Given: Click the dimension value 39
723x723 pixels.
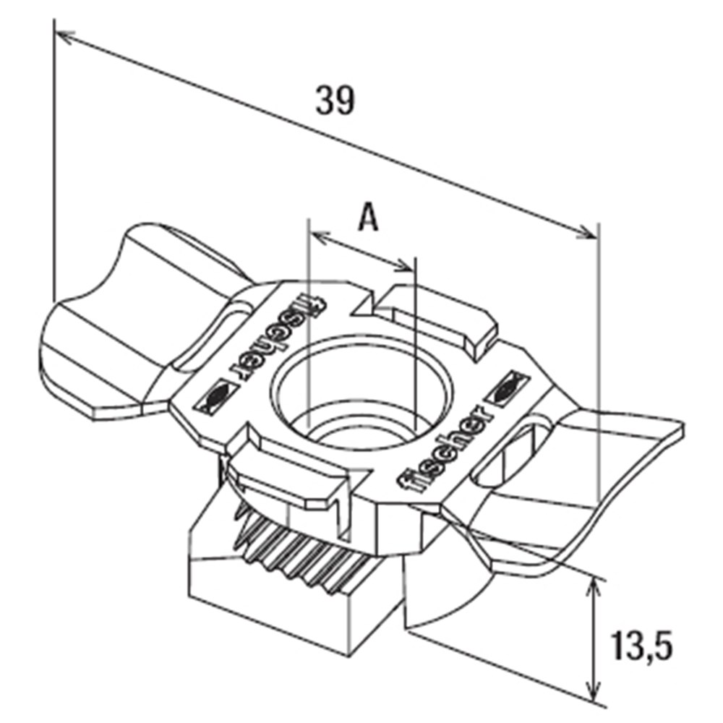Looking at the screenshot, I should [335, 100].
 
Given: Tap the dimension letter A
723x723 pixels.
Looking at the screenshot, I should [369, 217].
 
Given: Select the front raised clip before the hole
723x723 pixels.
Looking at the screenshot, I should [289, 481].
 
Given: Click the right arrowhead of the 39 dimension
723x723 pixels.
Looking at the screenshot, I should [589, 232].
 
